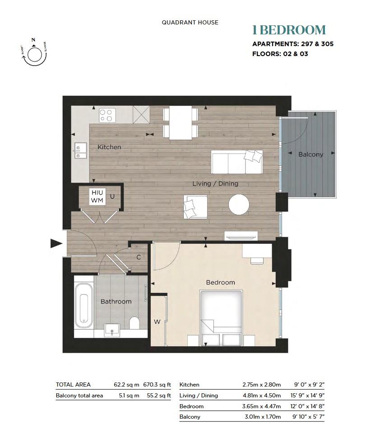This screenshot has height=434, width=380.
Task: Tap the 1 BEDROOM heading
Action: click(289, 30)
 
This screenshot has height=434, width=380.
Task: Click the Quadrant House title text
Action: click(190, 22)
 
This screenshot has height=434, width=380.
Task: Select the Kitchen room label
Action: click(109, 147)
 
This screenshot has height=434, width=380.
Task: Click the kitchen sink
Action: click(81, 151)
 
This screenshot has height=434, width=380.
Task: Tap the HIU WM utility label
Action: click(97, 196)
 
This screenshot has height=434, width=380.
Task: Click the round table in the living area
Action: click(239, 205)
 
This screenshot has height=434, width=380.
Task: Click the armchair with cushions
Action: click(195, 207)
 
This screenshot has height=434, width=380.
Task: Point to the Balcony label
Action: click(310, 154)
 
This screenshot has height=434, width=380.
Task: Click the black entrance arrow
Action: click(56, 244)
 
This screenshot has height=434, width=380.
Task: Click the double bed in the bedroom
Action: click(221, 316)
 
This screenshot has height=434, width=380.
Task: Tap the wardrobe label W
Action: click(157, 322)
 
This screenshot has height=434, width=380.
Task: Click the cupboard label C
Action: click(139, 257)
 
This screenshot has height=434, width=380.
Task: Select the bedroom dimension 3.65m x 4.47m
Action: click(261, 406)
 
